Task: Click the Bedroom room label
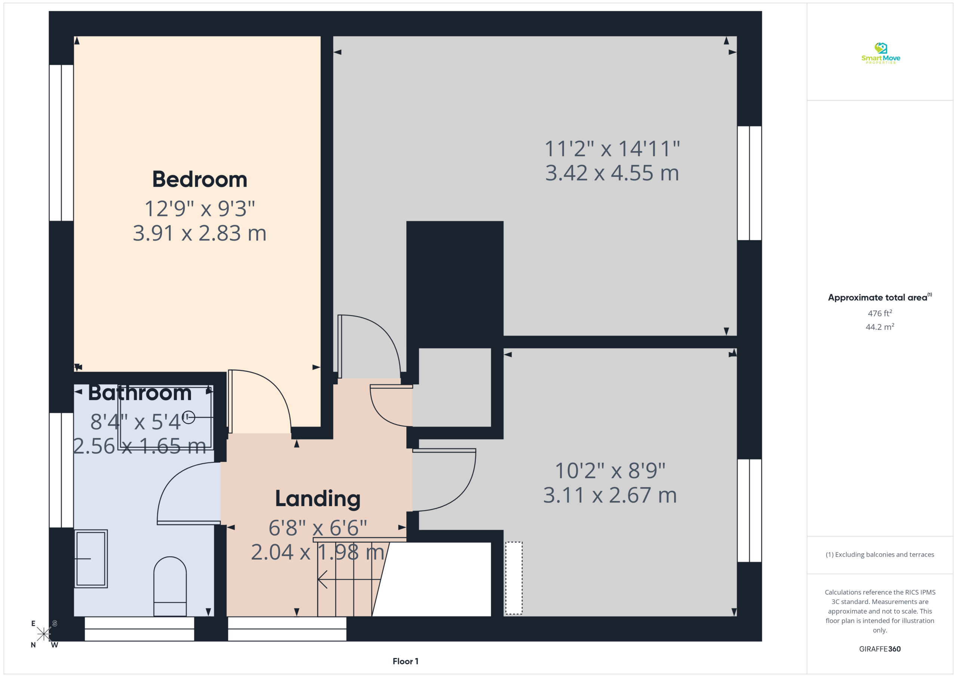click(x=200, y=180)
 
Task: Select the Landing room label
click(x=318, y=499)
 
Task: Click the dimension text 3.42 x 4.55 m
click(x=612, y=173)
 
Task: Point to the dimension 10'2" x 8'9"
click(x=610, y=470)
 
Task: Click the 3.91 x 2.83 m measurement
click(x=200, y=233)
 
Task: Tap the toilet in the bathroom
click(x=170, y=586)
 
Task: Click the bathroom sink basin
click(x=91, y=558)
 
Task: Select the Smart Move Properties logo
click(x=880, y=53)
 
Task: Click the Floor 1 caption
click(x=405, y=661)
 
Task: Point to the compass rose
click(x=44, y=634)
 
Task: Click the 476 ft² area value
click(x=880, y=313)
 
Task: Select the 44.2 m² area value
click(x=880, y=327)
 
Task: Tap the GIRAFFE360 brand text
click(x=880, y=649)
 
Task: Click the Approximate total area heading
click(x=880, y=297)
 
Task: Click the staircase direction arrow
click(x=349, y=579)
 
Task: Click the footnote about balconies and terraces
click(x=880, y=554)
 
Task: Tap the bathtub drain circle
click(x=189, y=417)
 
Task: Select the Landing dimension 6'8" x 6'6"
click(x=318, y=528)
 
